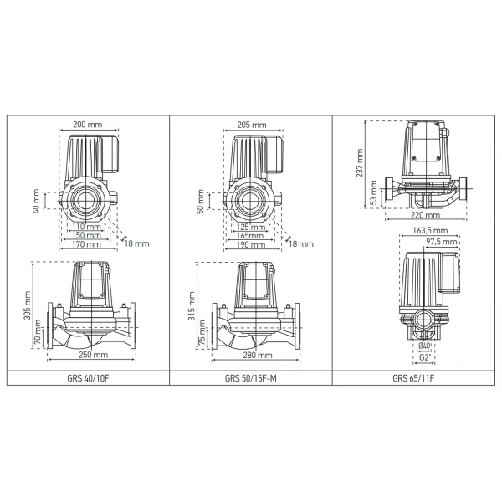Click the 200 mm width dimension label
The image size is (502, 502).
pyautogui.click(x=87, y=124)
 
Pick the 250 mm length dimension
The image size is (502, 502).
pyautogui.click(x=89, y=355)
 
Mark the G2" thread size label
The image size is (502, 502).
pyautogui.click(x=425, y=357)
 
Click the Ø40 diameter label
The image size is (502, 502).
pyautogui.click(x=425, y=346)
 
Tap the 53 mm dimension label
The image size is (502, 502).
pyautogui.click(x=373, y=195)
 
